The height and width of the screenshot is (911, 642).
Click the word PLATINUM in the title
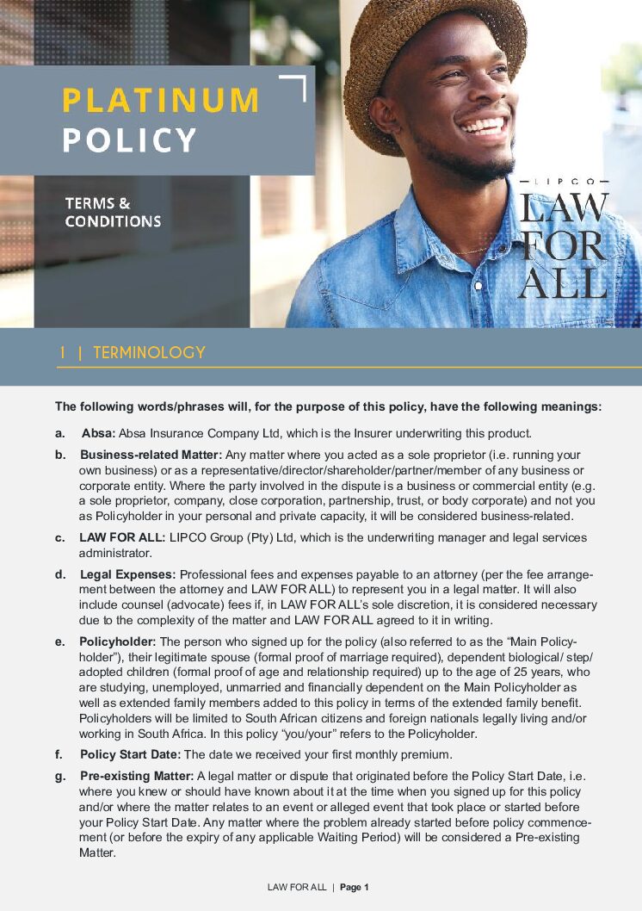coord(160,101)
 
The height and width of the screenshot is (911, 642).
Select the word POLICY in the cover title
coord(129,140)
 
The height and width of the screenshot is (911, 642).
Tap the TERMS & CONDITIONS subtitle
coord(112,213)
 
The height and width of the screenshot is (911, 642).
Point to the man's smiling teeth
coord(484,127)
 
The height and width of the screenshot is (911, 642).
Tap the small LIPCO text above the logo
coord(563,182)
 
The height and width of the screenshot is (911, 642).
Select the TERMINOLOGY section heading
coord(149,353)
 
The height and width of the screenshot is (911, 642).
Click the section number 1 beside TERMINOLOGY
coord(63,353)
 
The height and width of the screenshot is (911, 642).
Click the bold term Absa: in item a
coord(98,433)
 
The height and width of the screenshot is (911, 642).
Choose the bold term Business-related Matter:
coord(151,455)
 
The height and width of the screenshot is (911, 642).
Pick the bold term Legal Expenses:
coord(127,574)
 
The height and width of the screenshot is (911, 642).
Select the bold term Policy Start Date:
coord(130,754)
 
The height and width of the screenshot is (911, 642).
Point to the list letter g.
coord(59,776)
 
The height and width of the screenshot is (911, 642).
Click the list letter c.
coord(59,537)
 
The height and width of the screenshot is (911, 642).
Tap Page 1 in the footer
coord(355,887)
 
